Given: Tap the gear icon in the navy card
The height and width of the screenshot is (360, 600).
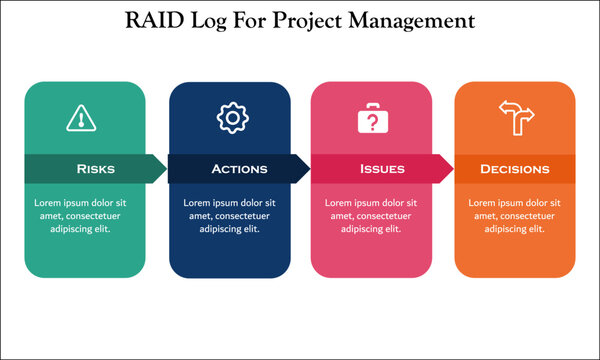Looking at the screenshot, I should click(x=231, y=118).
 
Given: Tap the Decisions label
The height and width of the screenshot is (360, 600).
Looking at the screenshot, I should click(x=515, y=169).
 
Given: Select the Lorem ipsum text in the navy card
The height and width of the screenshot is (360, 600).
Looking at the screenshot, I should click(x=230, y=215).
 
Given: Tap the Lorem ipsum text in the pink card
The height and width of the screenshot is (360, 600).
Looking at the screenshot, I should click(x=372, y=215).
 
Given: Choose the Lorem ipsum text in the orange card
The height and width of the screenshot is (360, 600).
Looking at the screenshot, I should click(x=515, y=215).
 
